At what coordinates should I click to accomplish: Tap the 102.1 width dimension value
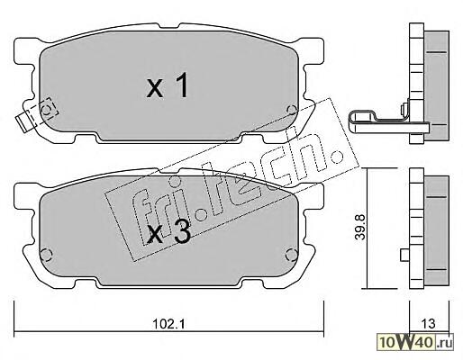click(x=170, y=324)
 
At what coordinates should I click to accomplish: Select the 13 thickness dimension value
click(x=428, y=323)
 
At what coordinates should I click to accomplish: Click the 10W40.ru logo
click(x=416, y=341)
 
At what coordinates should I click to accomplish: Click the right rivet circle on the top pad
click(x=291, y=110)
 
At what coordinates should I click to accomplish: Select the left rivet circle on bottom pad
click(x=46, y=255)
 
